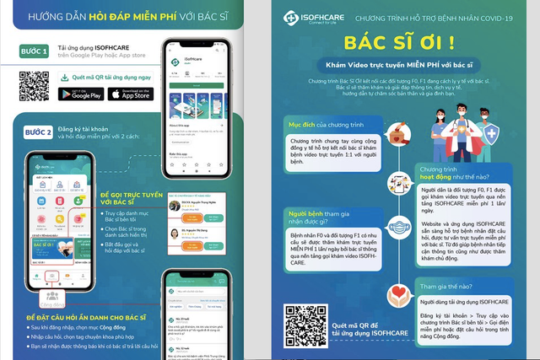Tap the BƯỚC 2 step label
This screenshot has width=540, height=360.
coord(38,133)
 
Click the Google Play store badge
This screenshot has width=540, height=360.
coord(80,94)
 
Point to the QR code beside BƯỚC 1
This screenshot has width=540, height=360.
coord(35,86)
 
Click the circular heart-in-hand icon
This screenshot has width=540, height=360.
coord(398,295)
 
